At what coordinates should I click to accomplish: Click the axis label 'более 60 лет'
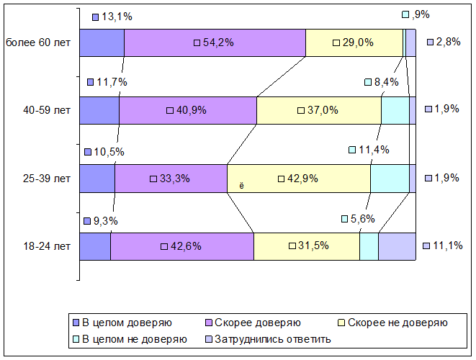click(x=38, y=42)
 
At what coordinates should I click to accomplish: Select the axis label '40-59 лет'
click(x=46, y=110)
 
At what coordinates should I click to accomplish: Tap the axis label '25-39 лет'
click(x=46, y=179)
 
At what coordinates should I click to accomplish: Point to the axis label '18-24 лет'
click(x=46, y=246)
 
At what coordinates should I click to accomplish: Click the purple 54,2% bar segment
click(x=215, y=42)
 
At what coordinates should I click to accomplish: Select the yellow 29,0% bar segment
click(x=354, y=42)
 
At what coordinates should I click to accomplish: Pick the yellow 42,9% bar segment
click(x=299, y=179)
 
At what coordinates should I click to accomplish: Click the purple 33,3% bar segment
click(x=171, y=179)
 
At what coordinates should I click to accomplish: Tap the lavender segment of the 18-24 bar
click(x=397, y=246)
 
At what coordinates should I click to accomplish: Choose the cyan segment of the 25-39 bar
click(x=390, y=179)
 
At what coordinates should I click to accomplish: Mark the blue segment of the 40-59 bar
click(x=99, y=110)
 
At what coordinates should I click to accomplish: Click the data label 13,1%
click(x=112, y=17)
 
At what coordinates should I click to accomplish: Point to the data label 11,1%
click(x=443, y=246)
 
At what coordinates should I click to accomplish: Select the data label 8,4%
click(x=382, y=82)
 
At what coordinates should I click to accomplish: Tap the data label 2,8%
click(x=444, y=42)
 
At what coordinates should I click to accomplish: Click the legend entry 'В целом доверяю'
click(x=122, y=323)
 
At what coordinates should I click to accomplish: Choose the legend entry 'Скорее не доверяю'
click(x=392, y=323)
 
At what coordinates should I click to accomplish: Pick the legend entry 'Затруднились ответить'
click(x=268, y=338)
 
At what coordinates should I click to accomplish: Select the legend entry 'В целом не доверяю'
click(x=130, y=338)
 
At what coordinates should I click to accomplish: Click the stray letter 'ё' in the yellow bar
click(x=241, y=186)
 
